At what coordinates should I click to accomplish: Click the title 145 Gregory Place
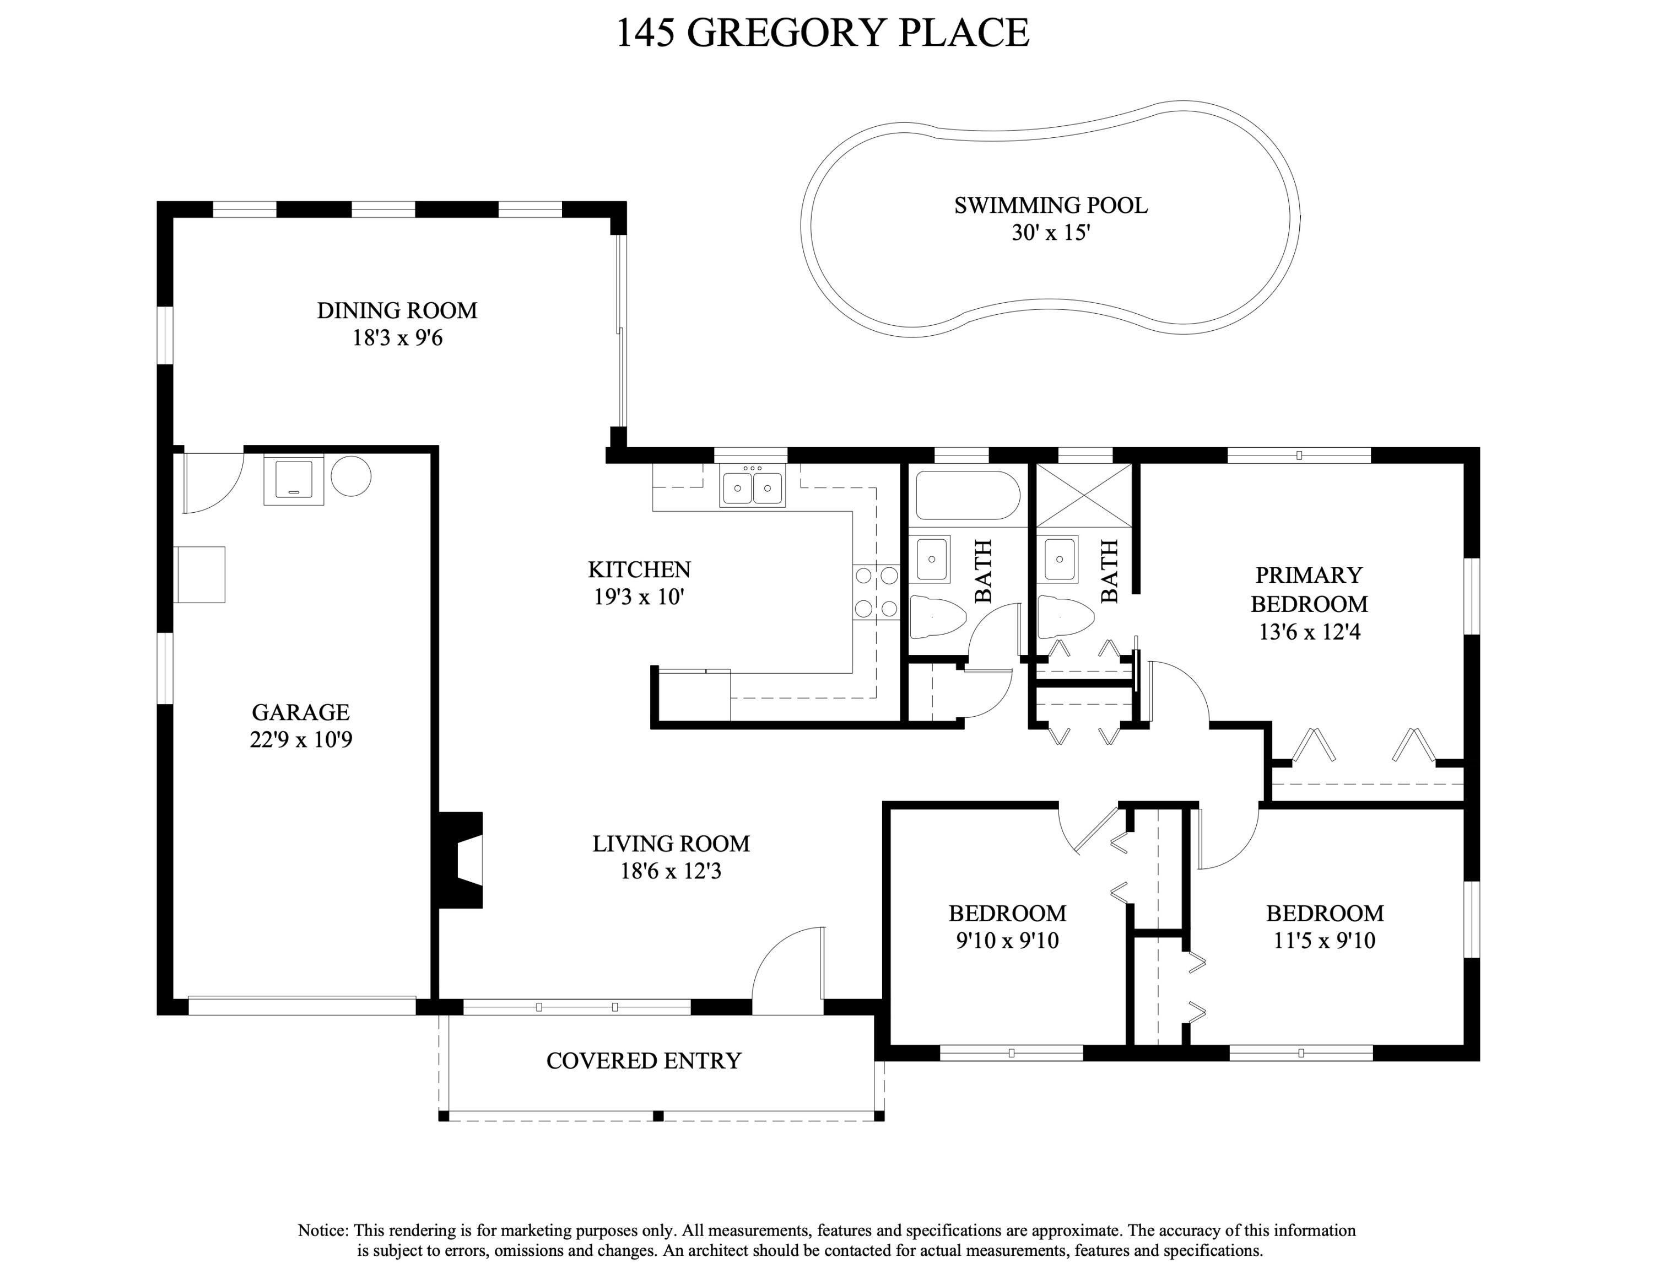coord(823,33)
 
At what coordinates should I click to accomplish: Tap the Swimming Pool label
coord(1051,205)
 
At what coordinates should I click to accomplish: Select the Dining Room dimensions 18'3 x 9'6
coord(397,337)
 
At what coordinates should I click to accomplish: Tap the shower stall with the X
coord(1084,495)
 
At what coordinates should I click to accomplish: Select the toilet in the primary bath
coord(1066,617)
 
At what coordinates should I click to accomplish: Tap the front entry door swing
coord(788,970)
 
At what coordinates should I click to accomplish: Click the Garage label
coord(300,712)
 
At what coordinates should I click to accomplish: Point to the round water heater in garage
coord(351,476)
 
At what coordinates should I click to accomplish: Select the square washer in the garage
coord(294,480)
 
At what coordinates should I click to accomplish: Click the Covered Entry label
coord(644,1061)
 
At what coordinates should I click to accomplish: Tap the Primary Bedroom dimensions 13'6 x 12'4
coord(1309,631)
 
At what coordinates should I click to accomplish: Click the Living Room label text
coord(671,844)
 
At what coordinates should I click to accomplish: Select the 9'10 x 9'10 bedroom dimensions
coord(1007,941)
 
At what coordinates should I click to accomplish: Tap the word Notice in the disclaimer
coord(323,1230)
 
